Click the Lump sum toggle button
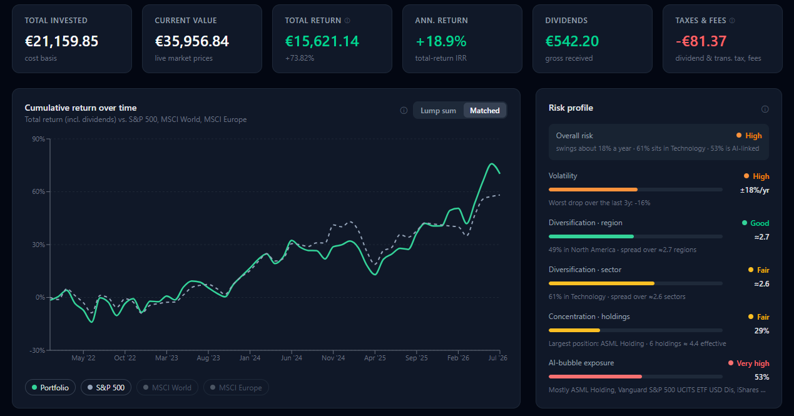click(438, 111)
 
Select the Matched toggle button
click(484, 111)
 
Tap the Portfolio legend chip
click(50, 387)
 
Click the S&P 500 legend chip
click(106, 387)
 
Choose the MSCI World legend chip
click(167, 387)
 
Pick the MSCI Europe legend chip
click(236, 387)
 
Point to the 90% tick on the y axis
click(39, 139)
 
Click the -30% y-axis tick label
click(37, 350)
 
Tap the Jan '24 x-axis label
click(250, 358)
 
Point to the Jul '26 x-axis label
click(497, 358)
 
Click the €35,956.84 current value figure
click(191, 41)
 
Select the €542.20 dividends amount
click(572, 41)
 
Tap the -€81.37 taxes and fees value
click(701, 41)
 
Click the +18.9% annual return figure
click(441, 41)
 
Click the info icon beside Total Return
click(347, 21)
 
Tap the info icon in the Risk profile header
click(765, 109)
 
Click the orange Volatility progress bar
click(593, 190)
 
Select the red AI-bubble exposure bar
click(595, 377)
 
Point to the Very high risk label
click(753, 363)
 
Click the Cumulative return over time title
click(81, 108)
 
